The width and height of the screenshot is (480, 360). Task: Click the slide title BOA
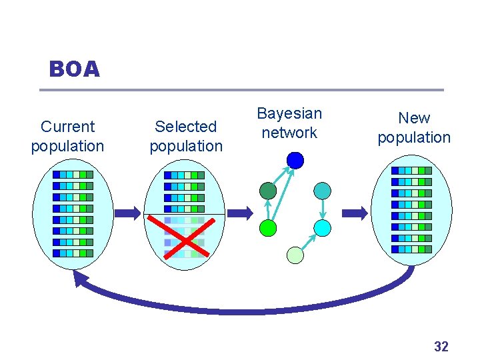tap(74, 69)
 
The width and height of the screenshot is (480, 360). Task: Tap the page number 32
tap(441, 346)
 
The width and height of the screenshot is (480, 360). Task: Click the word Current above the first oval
tap(67, 127)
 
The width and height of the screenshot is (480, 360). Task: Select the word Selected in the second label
tap(186, 127)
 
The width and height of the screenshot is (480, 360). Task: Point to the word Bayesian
tap(289, 113)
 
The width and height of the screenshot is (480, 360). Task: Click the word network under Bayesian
tap(289, 133)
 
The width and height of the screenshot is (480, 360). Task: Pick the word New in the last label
tap(414, 118)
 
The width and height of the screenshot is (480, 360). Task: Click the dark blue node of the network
tap(295, 160)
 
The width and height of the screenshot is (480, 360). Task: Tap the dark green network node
tap(268, 191)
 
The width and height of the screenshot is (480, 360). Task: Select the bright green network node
tap(268, 228)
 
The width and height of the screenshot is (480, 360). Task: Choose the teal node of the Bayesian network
tap(322, 191)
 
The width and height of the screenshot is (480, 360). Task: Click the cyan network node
tap(322, 228)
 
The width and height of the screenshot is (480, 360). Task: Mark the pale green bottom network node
tap(295, 255)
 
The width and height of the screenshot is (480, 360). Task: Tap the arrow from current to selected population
tap(127, 213)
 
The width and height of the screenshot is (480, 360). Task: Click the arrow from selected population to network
tap(240, 213)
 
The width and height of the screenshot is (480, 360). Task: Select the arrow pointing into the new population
tap(355, 213)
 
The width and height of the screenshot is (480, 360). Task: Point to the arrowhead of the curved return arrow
tap(81, 279)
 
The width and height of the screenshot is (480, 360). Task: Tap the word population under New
tap(414, 137)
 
